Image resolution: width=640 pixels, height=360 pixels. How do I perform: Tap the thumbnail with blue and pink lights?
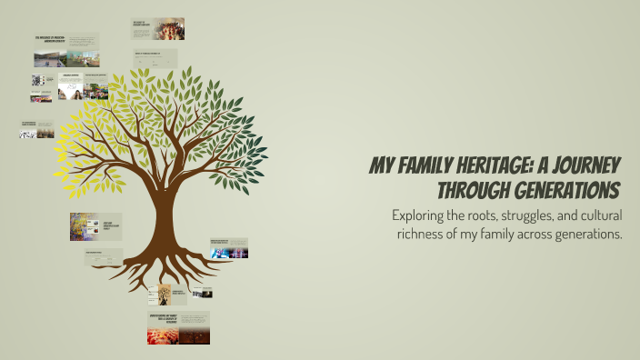[228, 248]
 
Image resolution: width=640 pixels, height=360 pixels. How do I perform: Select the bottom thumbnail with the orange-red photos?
[178, 328]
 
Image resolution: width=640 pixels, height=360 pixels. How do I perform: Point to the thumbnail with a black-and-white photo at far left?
[37, 130]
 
